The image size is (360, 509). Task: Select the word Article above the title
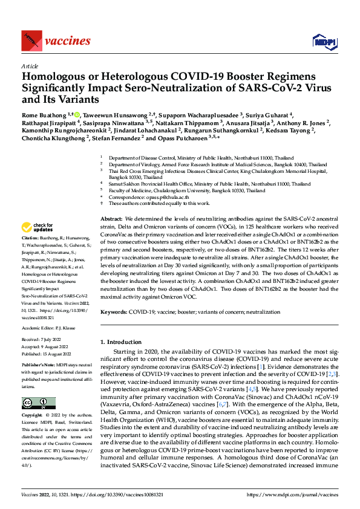pyautogui.click(x=29, y=66)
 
